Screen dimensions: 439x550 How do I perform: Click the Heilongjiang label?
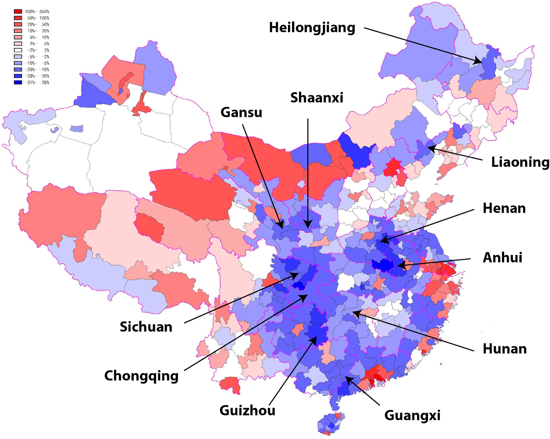[x=312, y=28]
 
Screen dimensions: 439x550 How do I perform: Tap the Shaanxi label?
[x=317, y=98]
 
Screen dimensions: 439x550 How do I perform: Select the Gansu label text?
[x=241, y=113]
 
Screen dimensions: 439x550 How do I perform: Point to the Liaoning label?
[x=520, y=162]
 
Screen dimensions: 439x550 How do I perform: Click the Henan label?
[x=504, y=208]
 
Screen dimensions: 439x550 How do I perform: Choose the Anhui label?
[x=502, y=258]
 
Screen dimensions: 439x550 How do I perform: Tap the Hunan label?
[x=504, y=349]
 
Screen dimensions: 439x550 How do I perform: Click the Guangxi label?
[x=412, y=415]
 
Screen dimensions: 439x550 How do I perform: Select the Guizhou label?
[x=247, y=410]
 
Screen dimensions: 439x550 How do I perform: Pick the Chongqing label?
[x=141, y=376]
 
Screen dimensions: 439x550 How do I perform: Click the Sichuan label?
[x=146, y=327]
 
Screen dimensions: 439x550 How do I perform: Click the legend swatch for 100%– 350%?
[x=18, y=11]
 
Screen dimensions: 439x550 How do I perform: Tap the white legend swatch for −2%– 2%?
[x=18, y=50]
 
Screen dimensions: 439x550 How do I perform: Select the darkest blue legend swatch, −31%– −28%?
[x=18, y=83]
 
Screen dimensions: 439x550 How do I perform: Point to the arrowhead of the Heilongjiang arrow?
[x=480, y=62]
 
